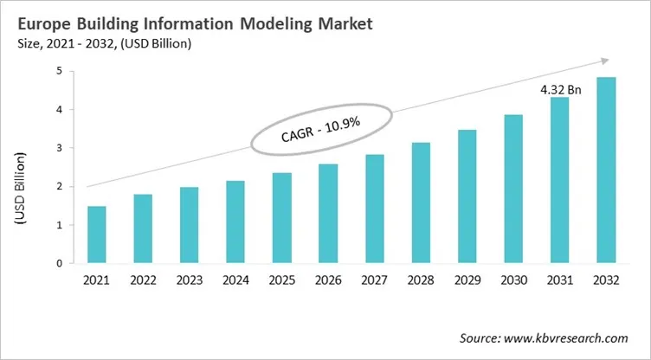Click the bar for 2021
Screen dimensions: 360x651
97,235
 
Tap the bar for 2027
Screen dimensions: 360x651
374,209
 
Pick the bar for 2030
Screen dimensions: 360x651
513,189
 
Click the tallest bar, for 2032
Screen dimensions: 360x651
605,170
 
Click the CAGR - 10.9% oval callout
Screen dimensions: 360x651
321,132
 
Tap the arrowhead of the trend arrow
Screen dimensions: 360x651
603,61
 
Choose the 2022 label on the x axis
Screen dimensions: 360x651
143,280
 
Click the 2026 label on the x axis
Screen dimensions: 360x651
328,280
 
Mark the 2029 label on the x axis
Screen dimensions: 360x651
467,280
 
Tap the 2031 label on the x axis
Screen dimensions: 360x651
559,280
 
